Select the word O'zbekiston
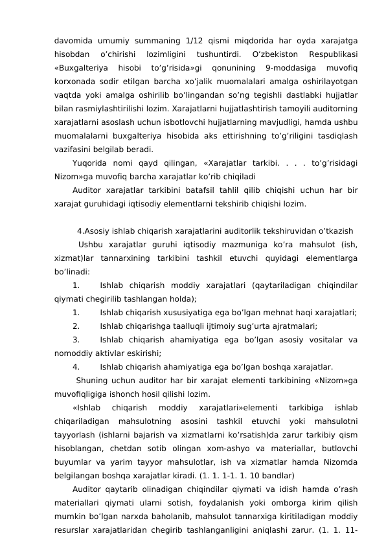277,54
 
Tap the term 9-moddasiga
288,68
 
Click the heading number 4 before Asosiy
79,231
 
